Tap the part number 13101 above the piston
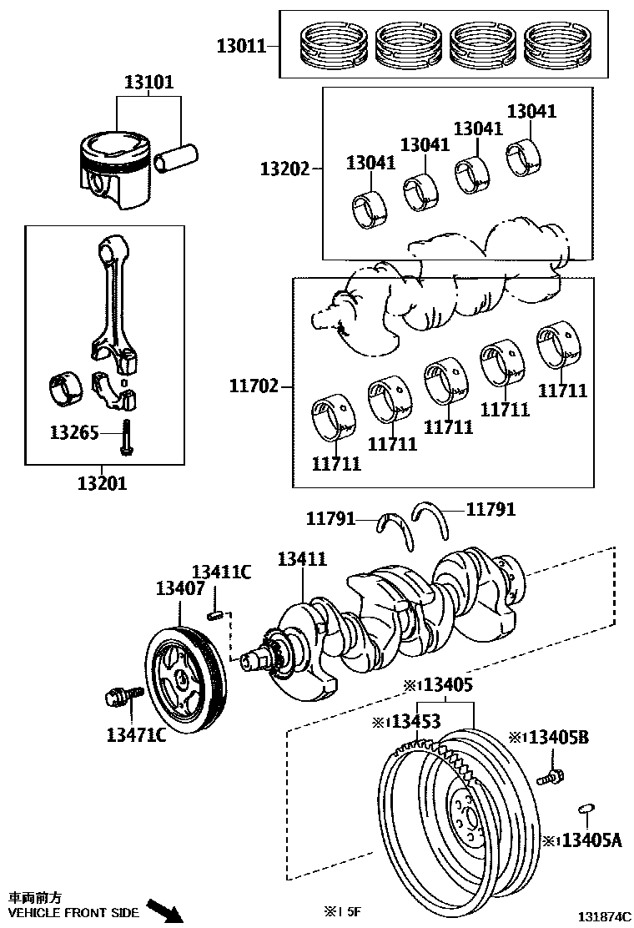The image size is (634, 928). [149, 83]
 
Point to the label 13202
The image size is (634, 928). [284, 169]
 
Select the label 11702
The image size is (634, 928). [254, 386]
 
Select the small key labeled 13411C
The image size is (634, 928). [214, 616]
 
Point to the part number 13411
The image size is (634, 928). [302, 560]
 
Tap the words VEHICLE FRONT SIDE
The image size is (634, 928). [73, 913]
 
